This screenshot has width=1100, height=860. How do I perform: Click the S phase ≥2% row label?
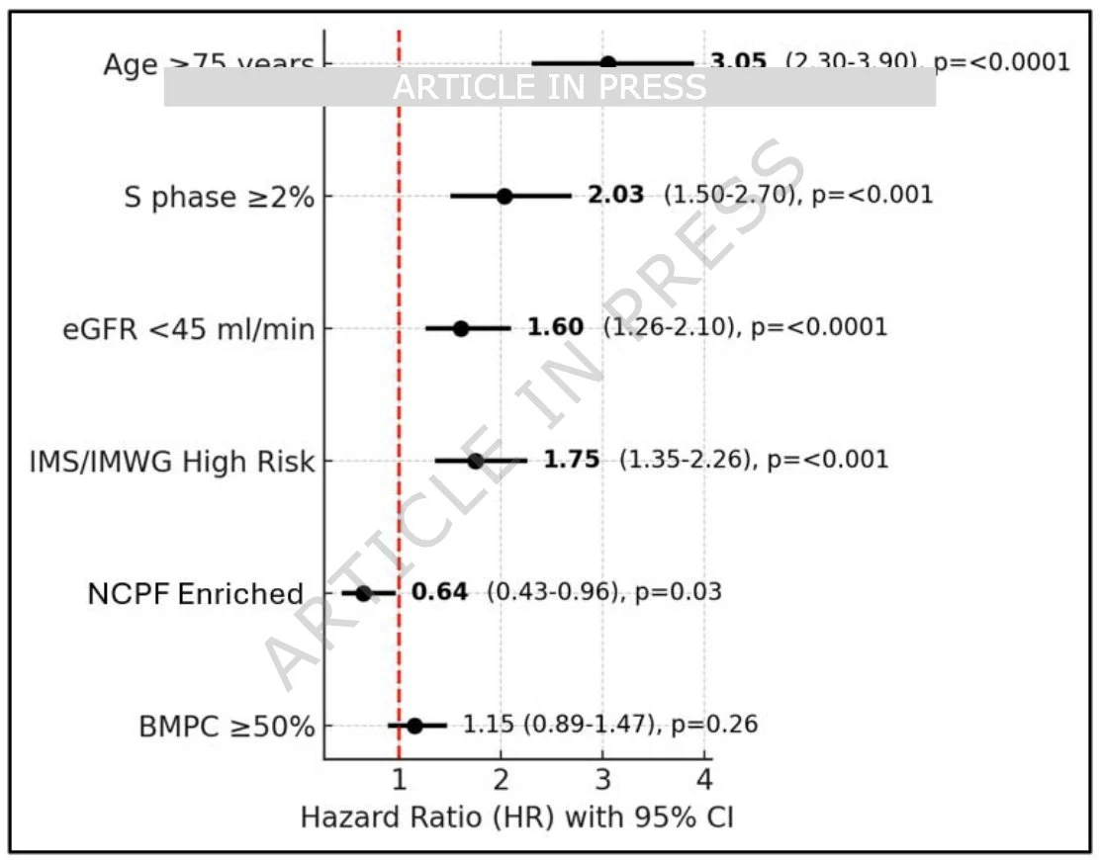219,197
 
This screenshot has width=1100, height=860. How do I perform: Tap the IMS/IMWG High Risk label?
172,462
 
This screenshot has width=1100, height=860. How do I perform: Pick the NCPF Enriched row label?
195,594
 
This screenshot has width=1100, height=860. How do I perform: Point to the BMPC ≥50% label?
228,728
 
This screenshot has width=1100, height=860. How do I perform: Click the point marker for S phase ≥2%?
504,196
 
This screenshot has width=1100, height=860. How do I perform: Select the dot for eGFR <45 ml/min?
461,328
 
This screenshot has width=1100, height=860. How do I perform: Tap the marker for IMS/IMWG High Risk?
476,461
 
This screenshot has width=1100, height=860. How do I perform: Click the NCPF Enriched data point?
363,593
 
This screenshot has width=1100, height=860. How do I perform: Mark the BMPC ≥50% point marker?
414,726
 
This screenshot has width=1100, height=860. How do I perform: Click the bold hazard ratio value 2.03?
615,195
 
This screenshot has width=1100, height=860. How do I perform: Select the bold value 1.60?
555,327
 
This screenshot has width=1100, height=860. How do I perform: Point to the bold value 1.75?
571,460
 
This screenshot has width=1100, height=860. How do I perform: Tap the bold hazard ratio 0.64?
439,592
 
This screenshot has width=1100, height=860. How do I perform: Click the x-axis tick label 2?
502,780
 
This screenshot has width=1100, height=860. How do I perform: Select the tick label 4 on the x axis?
704,780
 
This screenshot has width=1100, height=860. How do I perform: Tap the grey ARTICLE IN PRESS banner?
549,87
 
